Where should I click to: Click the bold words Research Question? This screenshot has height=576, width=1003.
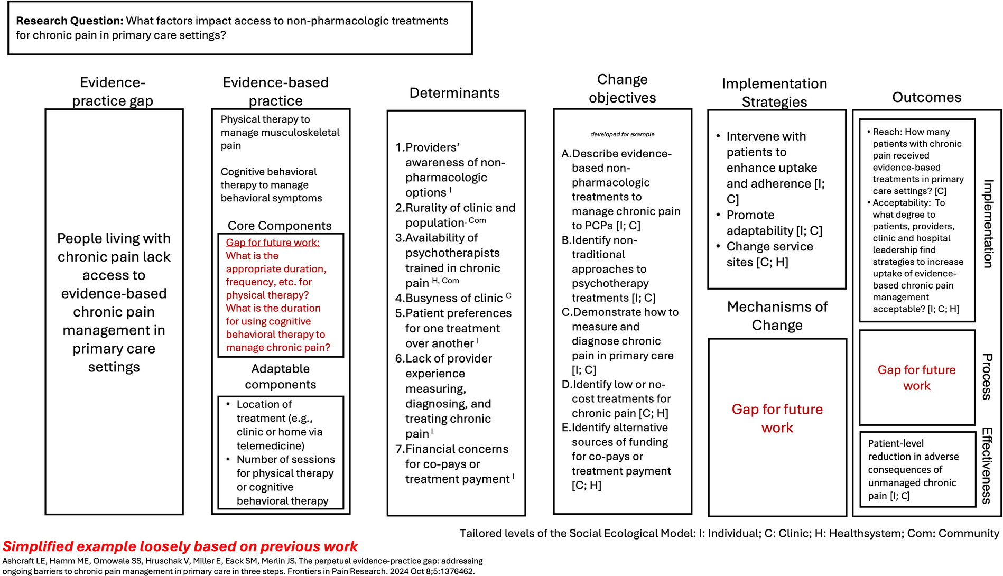[69, 21]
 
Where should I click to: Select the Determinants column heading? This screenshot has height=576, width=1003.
[454, 93]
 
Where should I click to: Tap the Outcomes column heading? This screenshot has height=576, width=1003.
[926, 97]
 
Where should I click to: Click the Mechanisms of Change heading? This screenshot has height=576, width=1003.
[777, 316]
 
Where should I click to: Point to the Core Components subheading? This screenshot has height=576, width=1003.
[280, 226]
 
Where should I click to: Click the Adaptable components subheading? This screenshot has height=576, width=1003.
[280, 376]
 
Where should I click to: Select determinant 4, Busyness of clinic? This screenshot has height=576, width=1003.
[453, 298]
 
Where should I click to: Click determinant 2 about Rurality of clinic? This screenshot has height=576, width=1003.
[454, 215]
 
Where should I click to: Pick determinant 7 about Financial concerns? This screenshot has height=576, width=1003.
[456, 464]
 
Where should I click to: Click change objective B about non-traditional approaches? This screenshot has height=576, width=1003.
[610, 269]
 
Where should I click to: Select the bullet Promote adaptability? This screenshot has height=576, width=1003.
[774, 222]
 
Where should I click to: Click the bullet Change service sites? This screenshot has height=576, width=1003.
[769, 254]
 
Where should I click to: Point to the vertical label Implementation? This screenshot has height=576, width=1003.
[988, 224]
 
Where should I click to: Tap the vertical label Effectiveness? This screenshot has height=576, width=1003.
[987, 466]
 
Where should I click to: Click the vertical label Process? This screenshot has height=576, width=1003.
[987, 376]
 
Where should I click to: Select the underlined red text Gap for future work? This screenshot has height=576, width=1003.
[273, 243]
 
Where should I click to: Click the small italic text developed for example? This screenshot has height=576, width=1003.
[622, 134]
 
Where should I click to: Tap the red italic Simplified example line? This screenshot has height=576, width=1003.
[180, 546]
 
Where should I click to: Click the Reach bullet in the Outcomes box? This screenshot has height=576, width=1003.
[917, 161]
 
